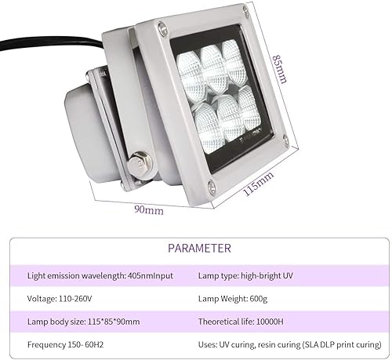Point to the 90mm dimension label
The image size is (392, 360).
click(x=148, y=209)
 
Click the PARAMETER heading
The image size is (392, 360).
click(x=199, y=249)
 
